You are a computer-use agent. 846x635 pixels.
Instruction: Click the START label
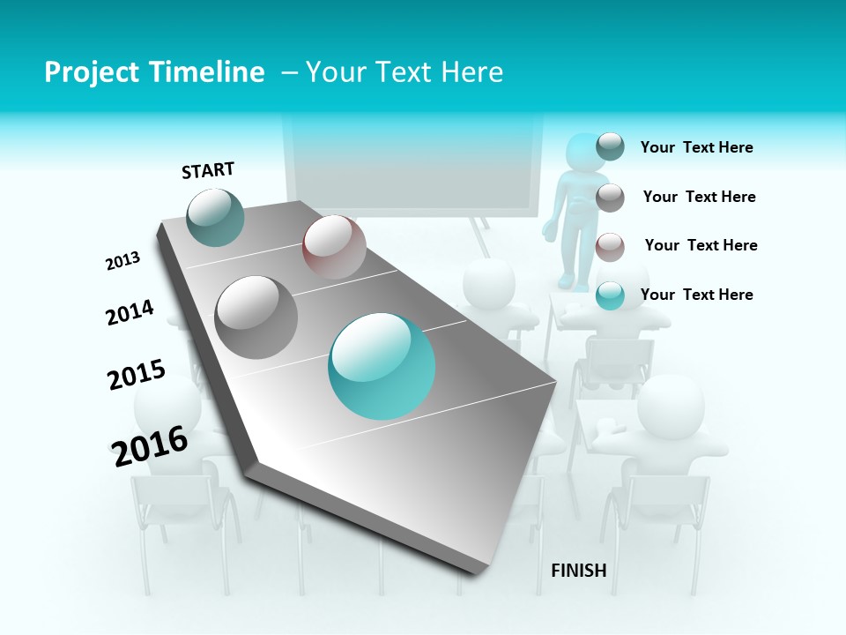tap(208, 169)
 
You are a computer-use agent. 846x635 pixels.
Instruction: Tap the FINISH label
tap(578, 571)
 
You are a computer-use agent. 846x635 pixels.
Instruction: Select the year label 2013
tap(123, 261)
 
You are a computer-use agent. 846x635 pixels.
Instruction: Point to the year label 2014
tap(130, 312)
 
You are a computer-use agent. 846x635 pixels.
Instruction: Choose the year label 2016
tap(150, 445)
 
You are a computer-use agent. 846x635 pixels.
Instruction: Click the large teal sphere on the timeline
tap(382, 366)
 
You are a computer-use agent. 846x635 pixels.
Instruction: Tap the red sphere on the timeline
tap(334, 247)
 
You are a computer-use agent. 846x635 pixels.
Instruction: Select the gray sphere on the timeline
tap(256, 317)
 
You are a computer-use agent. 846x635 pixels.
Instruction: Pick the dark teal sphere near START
tap(216, 217)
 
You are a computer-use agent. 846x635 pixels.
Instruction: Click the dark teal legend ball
tap(610, 146)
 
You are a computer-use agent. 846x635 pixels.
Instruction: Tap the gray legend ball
tap(610, 198)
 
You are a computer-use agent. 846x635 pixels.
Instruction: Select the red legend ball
tap(610, 247)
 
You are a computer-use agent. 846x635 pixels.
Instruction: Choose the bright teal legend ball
tap(610, 296)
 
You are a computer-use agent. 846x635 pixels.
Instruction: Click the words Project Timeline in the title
tap(154, 72)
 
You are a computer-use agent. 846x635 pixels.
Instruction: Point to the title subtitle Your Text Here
tap(404, 72)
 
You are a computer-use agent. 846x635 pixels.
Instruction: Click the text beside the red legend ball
tap(701, 245)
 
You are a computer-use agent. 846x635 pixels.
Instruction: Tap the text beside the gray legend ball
tap(699, 197)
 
